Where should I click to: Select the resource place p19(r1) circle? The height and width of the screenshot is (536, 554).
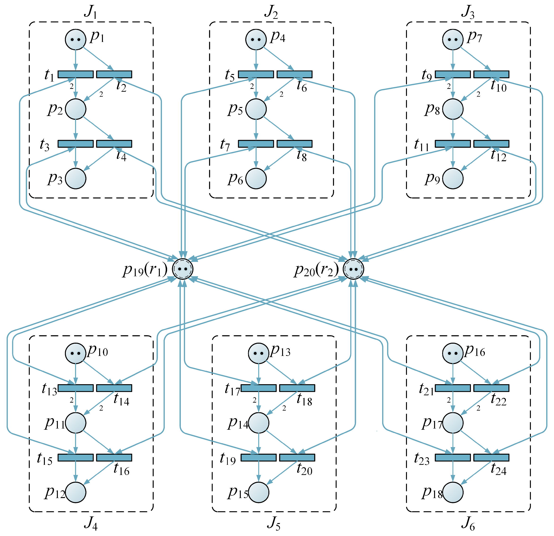tap(183, 269)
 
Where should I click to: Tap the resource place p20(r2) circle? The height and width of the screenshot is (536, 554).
tap(353, 269)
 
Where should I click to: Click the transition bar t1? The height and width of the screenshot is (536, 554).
tap(76, 74)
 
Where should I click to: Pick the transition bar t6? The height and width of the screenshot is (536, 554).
tap(295, 74)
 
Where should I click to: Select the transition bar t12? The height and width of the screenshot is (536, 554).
tap(491, 144)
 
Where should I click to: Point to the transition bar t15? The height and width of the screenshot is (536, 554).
tap(76, 458)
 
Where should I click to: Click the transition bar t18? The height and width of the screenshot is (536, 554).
tap(297, 388)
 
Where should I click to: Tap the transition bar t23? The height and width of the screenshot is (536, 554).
tap(453, 458)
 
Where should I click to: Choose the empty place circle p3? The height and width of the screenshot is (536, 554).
tap(76, 178)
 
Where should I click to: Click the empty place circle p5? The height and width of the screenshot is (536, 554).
tap(256, 109)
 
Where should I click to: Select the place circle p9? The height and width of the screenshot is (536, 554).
tap(453, 178)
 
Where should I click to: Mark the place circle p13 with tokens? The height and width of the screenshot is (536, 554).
tap(258, 353)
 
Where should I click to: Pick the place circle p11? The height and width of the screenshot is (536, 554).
tap(76, 423)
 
